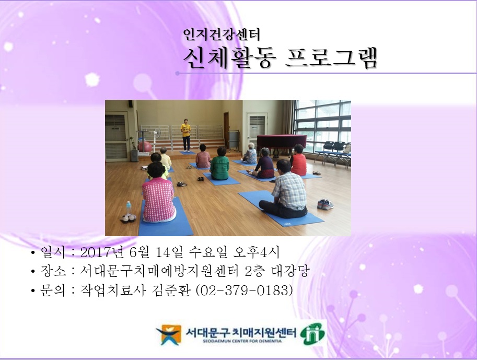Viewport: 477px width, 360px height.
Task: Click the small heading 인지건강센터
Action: [222, 34]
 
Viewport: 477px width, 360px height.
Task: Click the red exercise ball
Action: [145, 146]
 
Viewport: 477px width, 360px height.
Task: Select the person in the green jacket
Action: [219, 165]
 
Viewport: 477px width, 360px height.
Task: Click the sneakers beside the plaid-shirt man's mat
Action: [325, 204]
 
